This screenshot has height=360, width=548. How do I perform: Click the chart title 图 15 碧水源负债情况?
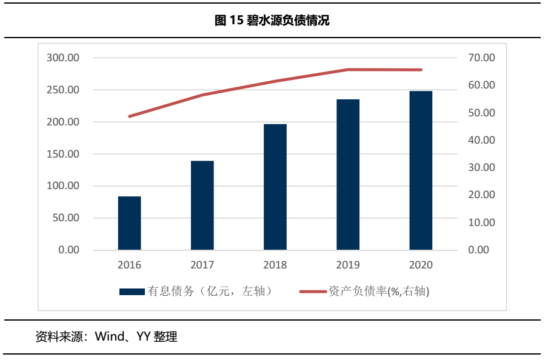coord(272,21)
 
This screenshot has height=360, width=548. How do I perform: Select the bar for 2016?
coord(130,223)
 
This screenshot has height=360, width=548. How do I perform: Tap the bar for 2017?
coord(202,205)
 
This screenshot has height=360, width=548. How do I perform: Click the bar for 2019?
coord(348,175)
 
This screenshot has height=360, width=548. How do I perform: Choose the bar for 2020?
coord(421,170)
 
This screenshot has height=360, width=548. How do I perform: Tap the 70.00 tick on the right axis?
coord(482,58)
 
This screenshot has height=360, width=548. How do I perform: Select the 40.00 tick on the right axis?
coord(482,140)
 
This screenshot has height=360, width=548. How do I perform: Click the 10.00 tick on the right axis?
coord(482,222)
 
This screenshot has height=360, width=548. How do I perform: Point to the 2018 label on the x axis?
coord(275,265)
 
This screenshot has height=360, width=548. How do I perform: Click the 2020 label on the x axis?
coord(421,265)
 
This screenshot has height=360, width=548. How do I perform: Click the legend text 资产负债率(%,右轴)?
coord(379,292)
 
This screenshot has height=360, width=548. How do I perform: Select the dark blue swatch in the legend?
coord(132,292)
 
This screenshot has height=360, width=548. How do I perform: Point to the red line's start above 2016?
coord(130,116)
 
